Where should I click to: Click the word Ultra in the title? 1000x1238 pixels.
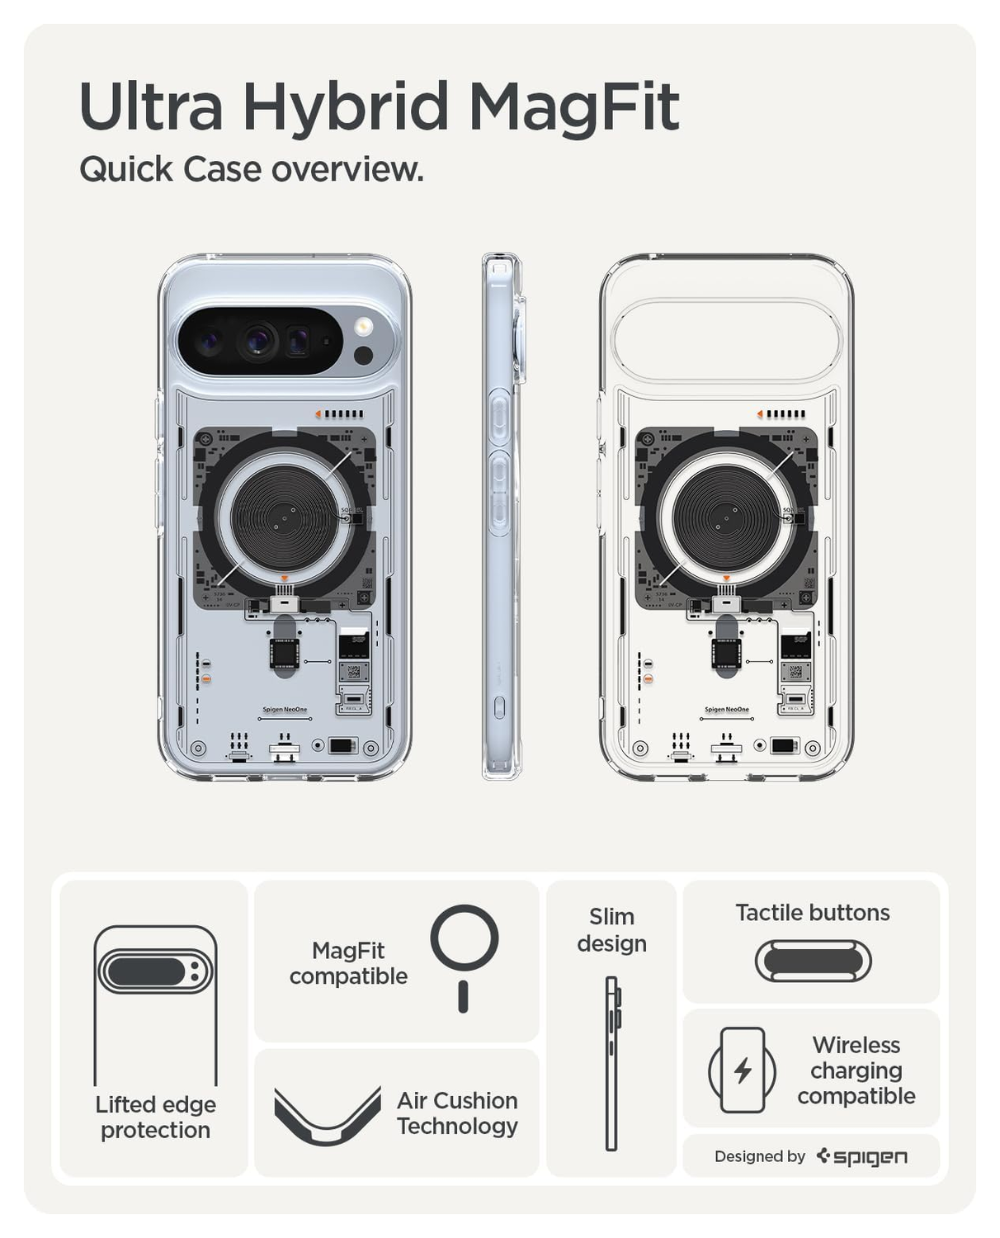pos(151,107)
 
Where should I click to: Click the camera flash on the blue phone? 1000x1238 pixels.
pos(364,326)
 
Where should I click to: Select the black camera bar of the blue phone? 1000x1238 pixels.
pos(260,341)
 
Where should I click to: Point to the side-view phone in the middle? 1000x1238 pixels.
pos(502,516)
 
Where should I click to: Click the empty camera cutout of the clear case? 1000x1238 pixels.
pos(726,339)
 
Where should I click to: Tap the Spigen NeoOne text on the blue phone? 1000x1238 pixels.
pos(285,710)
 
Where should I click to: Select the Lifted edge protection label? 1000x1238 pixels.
pos(155,1117)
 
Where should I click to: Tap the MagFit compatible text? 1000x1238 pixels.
pos(348,963)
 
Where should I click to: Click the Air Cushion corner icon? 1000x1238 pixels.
pos(327,1117)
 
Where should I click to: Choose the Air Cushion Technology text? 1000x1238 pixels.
pos(457,1113)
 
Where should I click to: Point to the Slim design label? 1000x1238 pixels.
pos(611,929)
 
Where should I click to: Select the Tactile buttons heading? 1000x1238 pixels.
pos(812,912)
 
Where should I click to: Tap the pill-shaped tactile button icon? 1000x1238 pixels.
pos(813,962)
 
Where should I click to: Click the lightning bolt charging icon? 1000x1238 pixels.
pos(743,1070)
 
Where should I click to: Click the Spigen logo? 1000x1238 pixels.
pos(862,1156)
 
